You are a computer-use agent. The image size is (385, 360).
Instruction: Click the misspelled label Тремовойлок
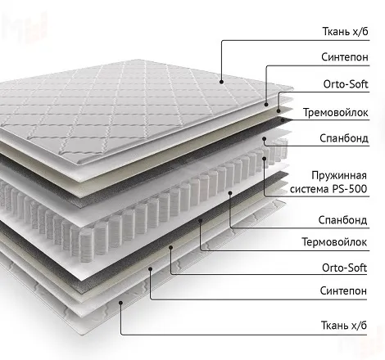tap(336, 112)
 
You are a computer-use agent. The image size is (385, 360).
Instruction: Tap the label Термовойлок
tap(334, 242)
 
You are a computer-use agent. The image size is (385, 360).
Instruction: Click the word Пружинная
tap(339, 175)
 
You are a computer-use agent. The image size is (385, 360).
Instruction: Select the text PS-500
tap(350, 189)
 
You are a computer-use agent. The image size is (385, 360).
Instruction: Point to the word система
tap(310, 189)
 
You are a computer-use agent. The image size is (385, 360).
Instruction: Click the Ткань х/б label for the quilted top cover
tap(346, 31)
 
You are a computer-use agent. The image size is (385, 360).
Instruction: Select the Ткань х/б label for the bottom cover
tap(344, 325)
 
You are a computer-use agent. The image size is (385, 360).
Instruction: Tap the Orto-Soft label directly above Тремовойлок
tap(346, 84)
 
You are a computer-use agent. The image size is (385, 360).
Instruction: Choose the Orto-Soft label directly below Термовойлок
tap(344, 268)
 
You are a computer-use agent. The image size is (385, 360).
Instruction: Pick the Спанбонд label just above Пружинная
tap(344, 138)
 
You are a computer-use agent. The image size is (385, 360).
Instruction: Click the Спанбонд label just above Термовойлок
tap(342, 220)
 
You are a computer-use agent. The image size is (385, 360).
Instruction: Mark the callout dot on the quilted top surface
tap(221, 82)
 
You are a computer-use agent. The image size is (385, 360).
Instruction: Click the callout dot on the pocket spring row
tap(264, 158)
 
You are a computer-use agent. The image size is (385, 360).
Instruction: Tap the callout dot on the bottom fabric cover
tap(120, 302)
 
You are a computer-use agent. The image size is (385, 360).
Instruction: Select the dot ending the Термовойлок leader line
tap(200, 220)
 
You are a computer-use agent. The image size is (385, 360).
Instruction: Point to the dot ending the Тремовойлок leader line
tap(283, 119)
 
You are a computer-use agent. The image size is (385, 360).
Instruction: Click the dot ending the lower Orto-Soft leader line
tap(170, 247)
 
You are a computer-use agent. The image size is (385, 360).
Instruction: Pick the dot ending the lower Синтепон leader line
tap(150, 269)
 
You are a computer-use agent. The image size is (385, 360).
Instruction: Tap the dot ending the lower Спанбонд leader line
tap(230, 193)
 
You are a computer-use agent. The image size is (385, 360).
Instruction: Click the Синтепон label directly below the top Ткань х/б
tap(345, 57)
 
